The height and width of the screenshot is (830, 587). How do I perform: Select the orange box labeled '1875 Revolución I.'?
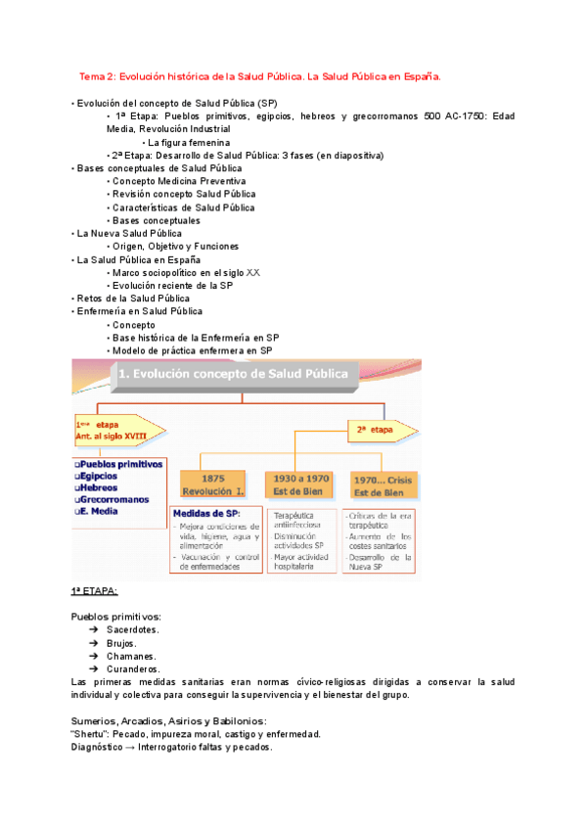pos(212,484)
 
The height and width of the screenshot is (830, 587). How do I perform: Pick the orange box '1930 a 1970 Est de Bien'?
pos(297,484)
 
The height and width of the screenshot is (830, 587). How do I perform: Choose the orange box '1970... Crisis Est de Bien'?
pos(382,484)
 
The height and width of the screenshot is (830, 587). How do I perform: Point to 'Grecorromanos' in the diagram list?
pos(115,498)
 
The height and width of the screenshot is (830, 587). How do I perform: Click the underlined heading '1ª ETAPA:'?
pos(94,592)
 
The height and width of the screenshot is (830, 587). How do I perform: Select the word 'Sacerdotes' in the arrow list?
pos(132,630)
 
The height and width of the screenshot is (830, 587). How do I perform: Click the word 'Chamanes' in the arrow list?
pos(130,656)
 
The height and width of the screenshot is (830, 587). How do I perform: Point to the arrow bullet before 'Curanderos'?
pos(93,669)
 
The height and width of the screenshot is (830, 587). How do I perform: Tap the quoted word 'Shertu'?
pos(89,733)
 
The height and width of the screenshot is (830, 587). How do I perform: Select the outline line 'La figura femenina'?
pos(188,142)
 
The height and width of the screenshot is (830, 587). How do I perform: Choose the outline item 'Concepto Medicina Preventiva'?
pos(179,181)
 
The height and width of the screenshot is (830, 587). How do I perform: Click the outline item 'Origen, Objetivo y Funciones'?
pos(175,247)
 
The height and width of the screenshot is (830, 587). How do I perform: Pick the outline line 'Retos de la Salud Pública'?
pos(132,299)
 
